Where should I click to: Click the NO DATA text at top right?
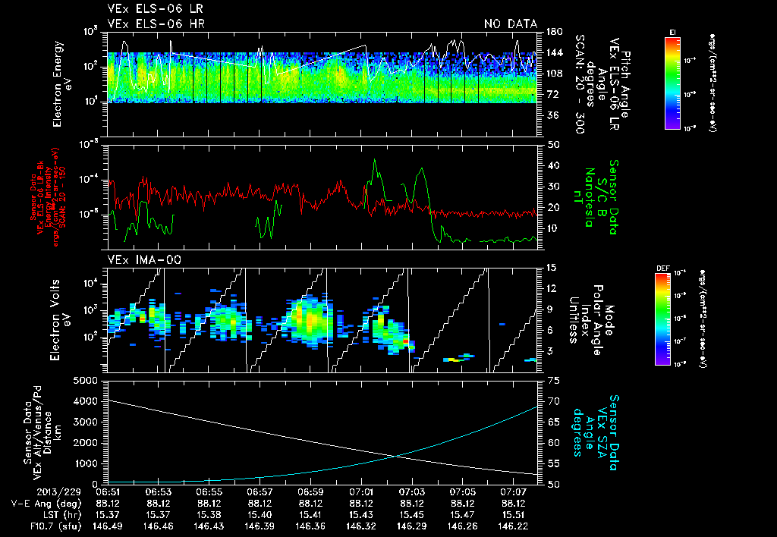pos(510,24)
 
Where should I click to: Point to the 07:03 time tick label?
pos(411,491)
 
